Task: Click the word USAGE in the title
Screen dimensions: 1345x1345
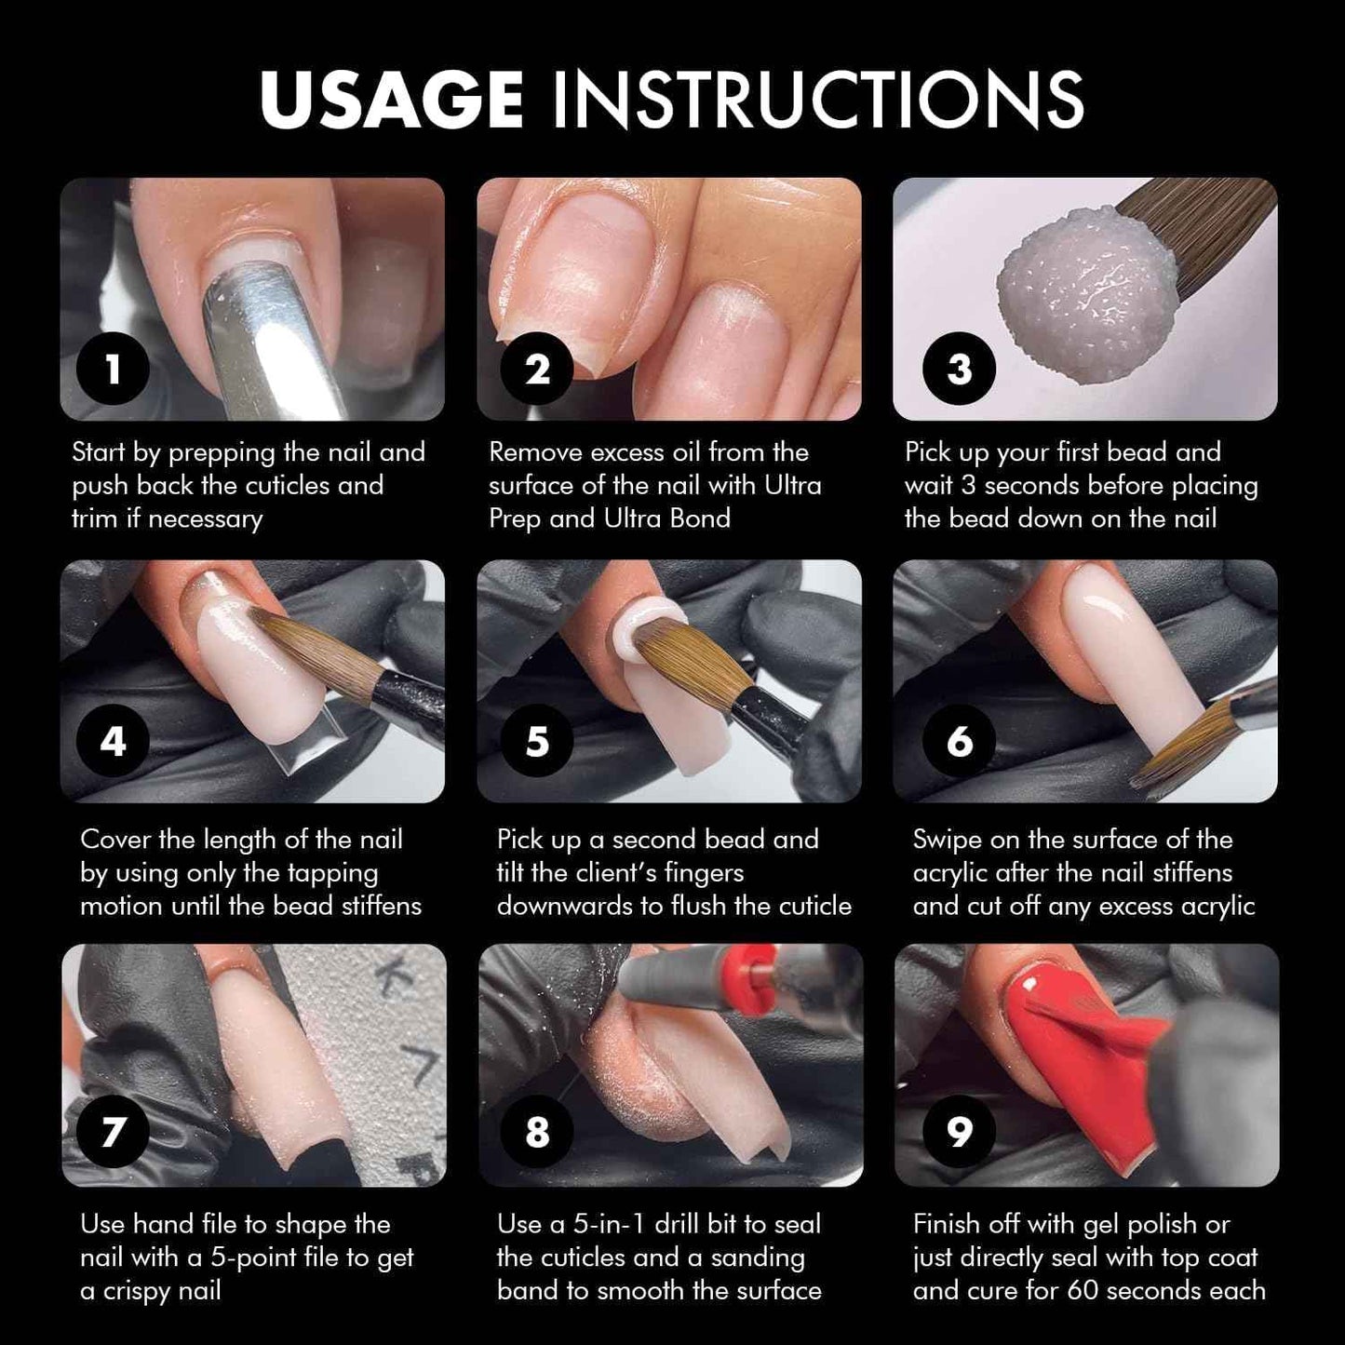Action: [391, 99]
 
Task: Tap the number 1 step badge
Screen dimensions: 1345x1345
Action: [113, 369]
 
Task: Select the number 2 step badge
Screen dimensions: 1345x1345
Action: [537, 369]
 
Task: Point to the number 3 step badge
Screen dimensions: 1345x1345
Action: [959, 369]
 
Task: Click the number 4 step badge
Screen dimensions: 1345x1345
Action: [113, 741]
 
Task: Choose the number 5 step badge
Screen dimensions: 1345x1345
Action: [537, 741]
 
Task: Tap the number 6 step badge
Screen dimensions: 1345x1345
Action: [959, 741]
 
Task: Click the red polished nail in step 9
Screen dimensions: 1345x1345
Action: [1089, 1068]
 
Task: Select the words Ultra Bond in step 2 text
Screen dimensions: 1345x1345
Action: [667, 518]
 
